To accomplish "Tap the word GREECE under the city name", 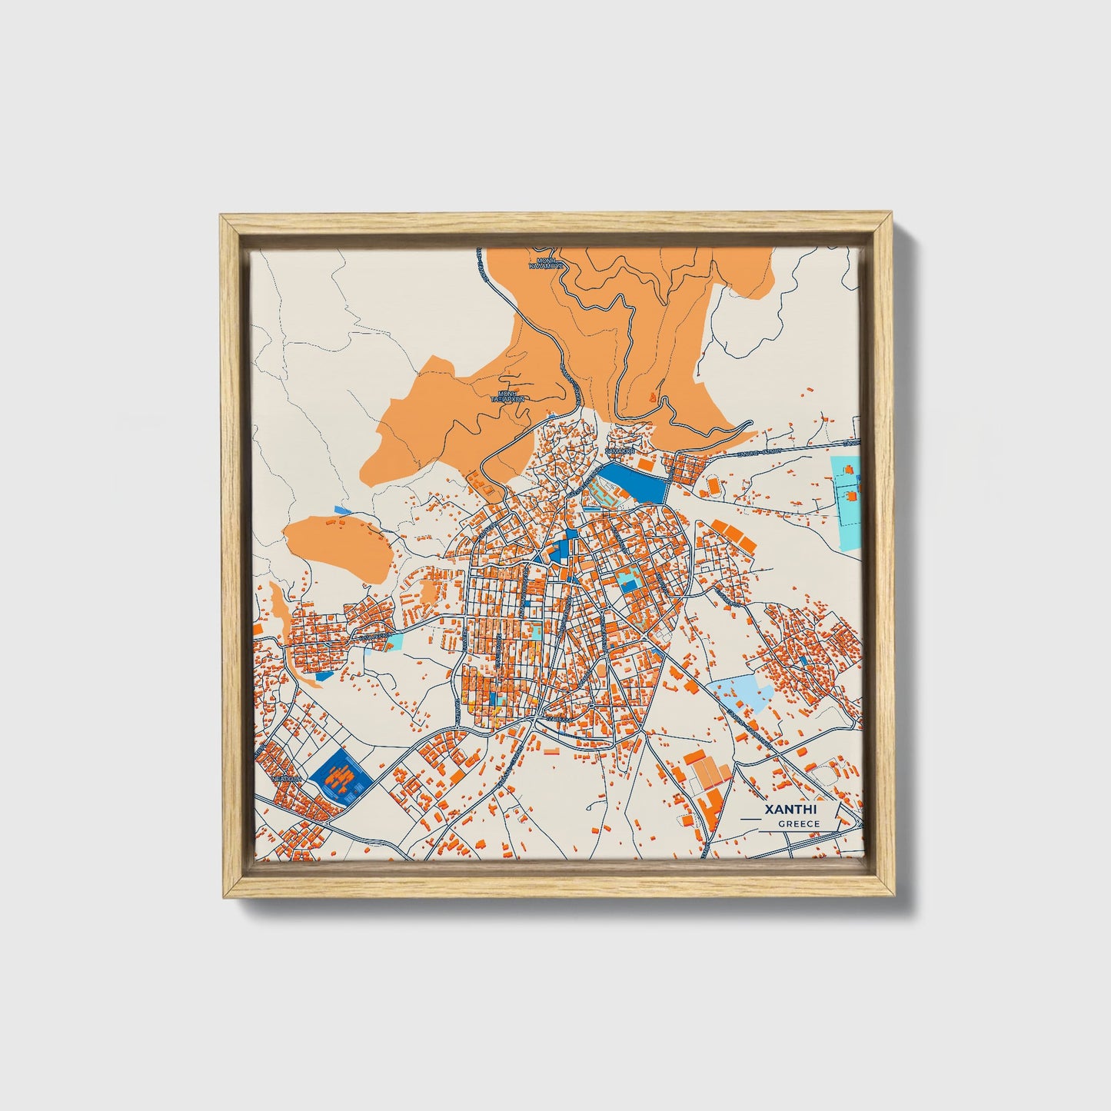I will pos(799,823).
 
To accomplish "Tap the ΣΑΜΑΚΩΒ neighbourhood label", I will pos(620,451).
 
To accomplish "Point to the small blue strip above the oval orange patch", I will pos(342,510).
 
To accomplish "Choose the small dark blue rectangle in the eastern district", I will pos(803,660).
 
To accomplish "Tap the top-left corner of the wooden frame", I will pos(223,218).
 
